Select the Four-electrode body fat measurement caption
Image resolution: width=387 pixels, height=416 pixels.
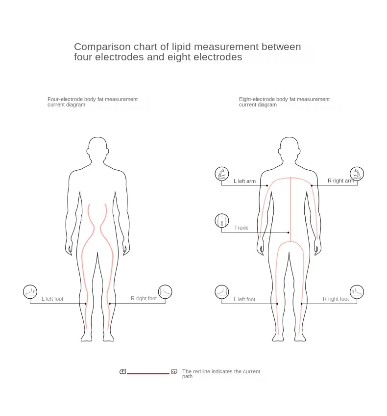coord(93,102)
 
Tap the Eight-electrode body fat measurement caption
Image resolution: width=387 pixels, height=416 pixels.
coord(284,102)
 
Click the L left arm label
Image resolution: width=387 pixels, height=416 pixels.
coord(244,181)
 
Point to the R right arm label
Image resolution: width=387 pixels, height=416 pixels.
coord(340,181)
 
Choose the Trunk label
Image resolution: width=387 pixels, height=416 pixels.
coord(241,228)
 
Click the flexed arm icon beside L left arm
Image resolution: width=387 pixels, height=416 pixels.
coord(222,174)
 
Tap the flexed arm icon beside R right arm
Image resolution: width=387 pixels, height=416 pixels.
coord(357,174)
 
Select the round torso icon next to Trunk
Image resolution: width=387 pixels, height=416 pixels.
coord(222,220)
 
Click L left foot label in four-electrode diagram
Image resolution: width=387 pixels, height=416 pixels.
coord(52,299)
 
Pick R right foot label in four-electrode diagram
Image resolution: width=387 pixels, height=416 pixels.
coord(144,298)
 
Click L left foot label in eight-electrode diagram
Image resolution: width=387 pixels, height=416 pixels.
coord(244,299)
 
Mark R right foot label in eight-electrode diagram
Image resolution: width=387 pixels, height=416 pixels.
coord(336,299)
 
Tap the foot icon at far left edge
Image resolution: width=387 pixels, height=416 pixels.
coord(30,292)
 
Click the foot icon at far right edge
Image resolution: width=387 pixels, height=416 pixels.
coord(357,292)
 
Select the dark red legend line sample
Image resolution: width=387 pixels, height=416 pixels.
coord(148,373)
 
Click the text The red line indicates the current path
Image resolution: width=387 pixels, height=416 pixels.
coord(221,374)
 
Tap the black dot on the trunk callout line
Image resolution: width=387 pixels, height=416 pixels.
coord(289,232)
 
